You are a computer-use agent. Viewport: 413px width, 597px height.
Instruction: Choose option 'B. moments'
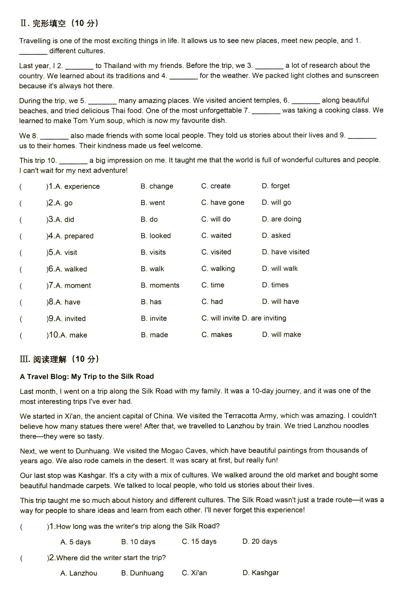160,285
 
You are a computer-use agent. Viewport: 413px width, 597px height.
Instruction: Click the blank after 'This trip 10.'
73,161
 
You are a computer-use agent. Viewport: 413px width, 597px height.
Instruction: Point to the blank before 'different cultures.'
33,52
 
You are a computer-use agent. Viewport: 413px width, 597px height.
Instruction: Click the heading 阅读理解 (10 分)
59,359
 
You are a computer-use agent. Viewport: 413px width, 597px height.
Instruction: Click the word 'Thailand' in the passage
118,66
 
